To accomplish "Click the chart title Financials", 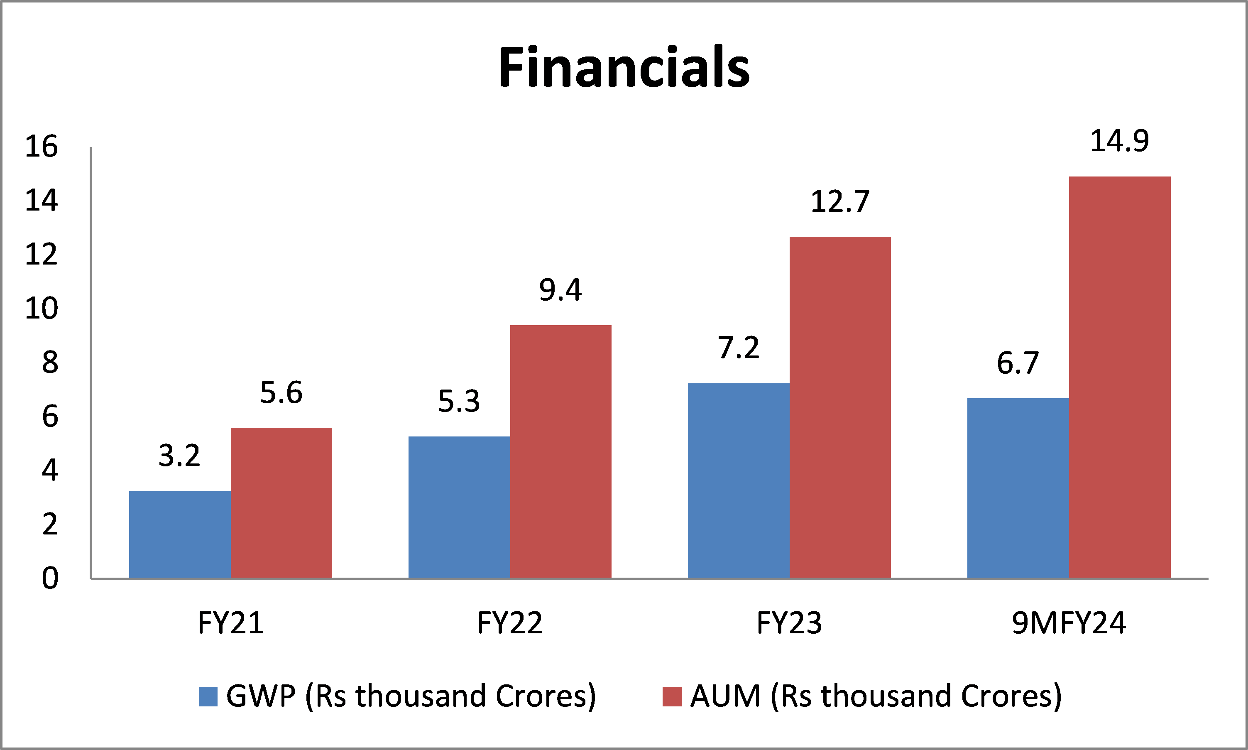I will (624, 67).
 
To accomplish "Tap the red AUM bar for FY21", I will (281, 502).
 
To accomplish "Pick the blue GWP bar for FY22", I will (459, 507).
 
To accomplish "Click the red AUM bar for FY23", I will (840, 407).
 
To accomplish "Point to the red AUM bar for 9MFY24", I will (1120, 377).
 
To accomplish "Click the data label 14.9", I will (1119, 141).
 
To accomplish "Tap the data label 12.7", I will (840, 202).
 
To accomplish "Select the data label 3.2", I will (179, 456).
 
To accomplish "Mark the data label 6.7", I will (1018, 363).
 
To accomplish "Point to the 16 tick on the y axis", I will (42, 147).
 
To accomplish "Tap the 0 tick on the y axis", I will (50, 578).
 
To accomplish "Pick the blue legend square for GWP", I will (208, 697).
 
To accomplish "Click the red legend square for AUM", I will (672, 697).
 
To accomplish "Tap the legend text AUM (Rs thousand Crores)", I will (876, 696).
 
